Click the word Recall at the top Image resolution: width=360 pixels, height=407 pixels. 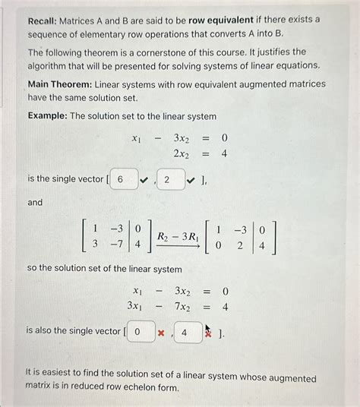tap(43, 18)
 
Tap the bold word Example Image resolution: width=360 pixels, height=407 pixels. tap(49, 115)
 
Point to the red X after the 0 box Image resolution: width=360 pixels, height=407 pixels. tap(160, 332)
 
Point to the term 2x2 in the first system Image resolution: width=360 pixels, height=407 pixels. tap(182, 153)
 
